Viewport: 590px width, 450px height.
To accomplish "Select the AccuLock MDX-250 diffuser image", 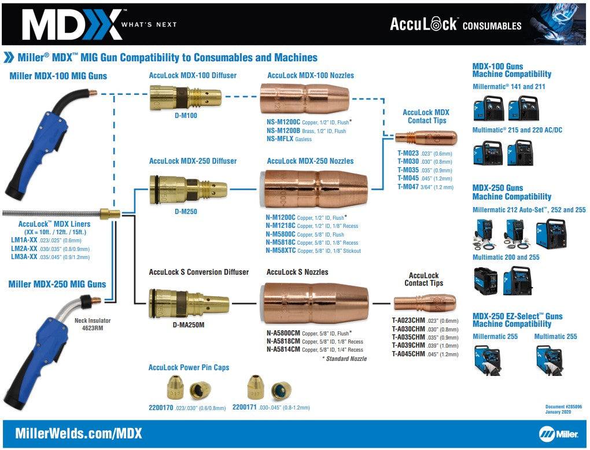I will pos(188,188).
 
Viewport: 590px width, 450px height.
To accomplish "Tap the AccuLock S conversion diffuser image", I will pos(188,303).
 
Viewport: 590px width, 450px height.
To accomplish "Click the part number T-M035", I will pos(407,171).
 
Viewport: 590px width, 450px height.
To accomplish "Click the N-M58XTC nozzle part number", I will pos(281,251).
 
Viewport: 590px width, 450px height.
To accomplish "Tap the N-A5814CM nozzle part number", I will pos(283,350).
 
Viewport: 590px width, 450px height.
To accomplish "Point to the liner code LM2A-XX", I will pos(24,248).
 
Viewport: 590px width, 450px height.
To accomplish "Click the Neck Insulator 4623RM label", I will pos(92,324).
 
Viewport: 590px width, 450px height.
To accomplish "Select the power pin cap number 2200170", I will pos(161,407).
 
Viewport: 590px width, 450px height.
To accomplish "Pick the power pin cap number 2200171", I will pos(245,407).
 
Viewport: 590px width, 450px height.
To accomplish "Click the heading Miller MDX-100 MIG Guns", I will pos(58,76).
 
